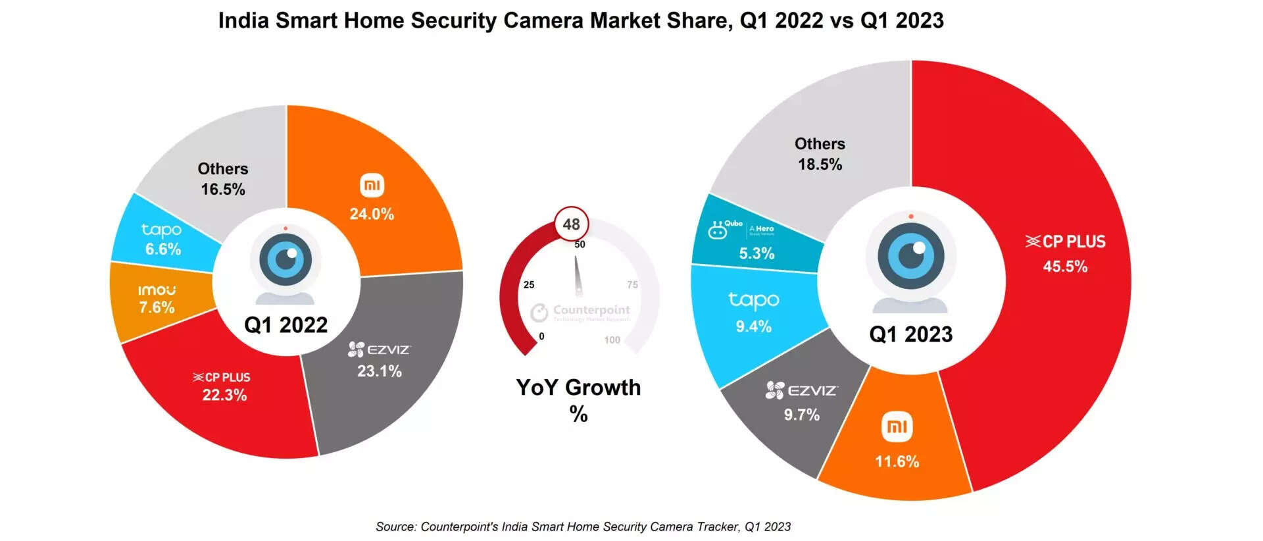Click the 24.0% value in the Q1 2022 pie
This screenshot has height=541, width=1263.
tap(372, 214)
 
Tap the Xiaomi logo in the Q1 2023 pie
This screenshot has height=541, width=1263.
tap(897, 427)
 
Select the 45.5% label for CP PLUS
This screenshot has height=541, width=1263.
tap(1065, 267)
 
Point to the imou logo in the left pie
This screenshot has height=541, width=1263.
tap(157, 290)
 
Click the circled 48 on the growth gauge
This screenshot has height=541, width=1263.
tap(571, 224)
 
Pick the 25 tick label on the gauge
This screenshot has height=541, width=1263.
tap(529, 285)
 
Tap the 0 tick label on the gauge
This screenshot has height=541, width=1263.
tap(541, 336)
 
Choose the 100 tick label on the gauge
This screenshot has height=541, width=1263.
tap(612, 340)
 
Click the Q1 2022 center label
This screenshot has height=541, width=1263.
tap(285, 325)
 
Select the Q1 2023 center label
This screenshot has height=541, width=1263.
tap(910, 334)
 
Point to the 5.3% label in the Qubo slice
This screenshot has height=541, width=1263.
tap(756, 253)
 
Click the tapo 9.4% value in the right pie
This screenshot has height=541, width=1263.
tap(753, 326)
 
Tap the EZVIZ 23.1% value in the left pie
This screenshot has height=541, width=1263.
tap(379, 371)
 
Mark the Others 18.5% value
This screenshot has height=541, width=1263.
tap(820, 165)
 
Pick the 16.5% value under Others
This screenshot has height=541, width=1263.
tap(223, 190)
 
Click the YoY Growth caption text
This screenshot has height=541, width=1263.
tap(578, 388)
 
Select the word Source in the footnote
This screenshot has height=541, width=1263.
tap(395, 527)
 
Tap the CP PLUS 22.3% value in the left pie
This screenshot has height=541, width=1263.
tap(224, 395)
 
